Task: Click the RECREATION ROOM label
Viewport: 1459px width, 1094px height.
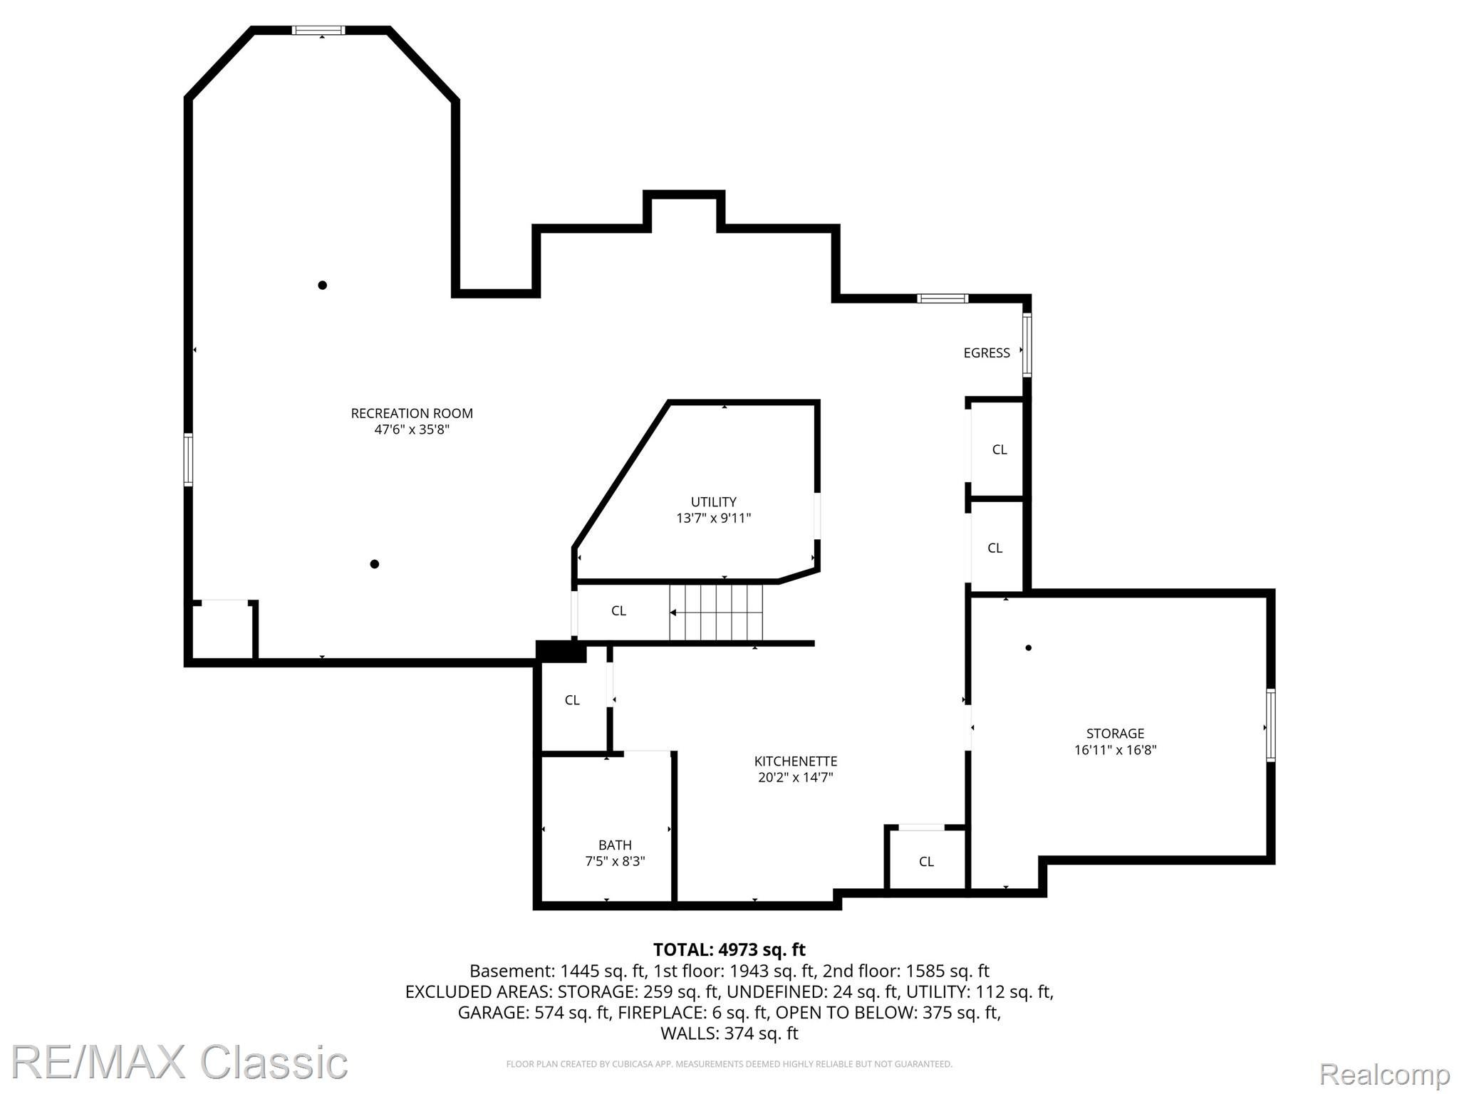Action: click(412, 413)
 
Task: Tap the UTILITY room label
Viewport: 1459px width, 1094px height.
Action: click(713, 501)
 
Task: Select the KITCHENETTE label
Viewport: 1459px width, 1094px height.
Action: click(796, 761)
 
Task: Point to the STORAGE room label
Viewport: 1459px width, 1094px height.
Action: click(1115, 733)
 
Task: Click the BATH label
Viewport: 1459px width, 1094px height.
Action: click(615, 845)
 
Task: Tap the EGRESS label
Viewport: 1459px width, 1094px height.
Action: click(987, 353)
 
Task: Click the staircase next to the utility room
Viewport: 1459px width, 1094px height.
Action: click(716, 612)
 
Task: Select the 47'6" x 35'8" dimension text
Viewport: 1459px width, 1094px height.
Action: click(412, 429)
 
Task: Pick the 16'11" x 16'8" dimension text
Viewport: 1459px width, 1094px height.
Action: click(1115, 749)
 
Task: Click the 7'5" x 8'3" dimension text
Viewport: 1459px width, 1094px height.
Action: click(615, 861)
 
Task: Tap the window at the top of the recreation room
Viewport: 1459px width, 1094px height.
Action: click(318, 30)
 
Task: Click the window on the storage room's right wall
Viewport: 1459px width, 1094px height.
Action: click(1270, 725)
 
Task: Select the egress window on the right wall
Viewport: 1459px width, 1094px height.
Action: click(1027, 345)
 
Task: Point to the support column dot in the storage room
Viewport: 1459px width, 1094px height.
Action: click(1028, 647)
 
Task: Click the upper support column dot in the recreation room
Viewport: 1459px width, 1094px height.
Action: click(322, 285)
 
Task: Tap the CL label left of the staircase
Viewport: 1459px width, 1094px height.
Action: click(618, 610)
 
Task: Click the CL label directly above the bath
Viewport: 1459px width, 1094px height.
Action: click(572, 700)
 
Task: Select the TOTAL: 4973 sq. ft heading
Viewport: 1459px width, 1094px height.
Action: click(729, 949)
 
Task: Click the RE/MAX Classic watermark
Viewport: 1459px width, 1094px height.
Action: click(179, 1063)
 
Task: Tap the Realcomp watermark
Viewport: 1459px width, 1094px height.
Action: click(1384, 1073)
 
